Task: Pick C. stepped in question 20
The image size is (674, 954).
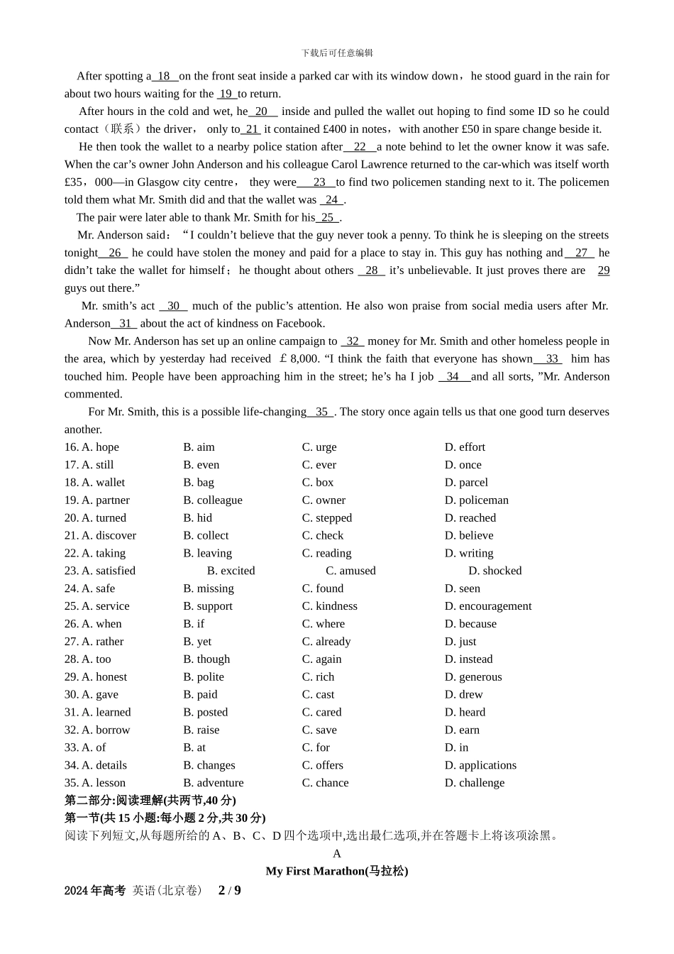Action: coord(326,518)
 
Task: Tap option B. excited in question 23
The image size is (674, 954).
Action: coord(231,571)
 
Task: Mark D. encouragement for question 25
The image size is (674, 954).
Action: coord(487,606)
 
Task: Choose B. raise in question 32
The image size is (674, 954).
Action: coord(201,730)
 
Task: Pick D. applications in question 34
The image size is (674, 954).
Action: coord(480,765)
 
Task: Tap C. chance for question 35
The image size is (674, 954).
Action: coord(325,783)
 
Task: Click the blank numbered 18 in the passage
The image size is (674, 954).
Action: coord(164,77)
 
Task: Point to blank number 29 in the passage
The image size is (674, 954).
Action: coord(603,270)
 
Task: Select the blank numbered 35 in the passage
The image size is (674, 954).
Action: coord(321,412)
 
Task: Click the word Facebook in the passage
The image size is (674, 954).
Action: coord(300,324)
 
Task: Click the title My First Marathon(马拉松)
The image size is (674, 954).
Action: coord(337,871)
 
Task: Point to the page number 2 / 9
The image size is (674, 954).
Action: coord(229,890)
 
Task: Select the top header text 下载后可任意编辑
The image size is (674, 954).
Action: coord(337,53)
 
